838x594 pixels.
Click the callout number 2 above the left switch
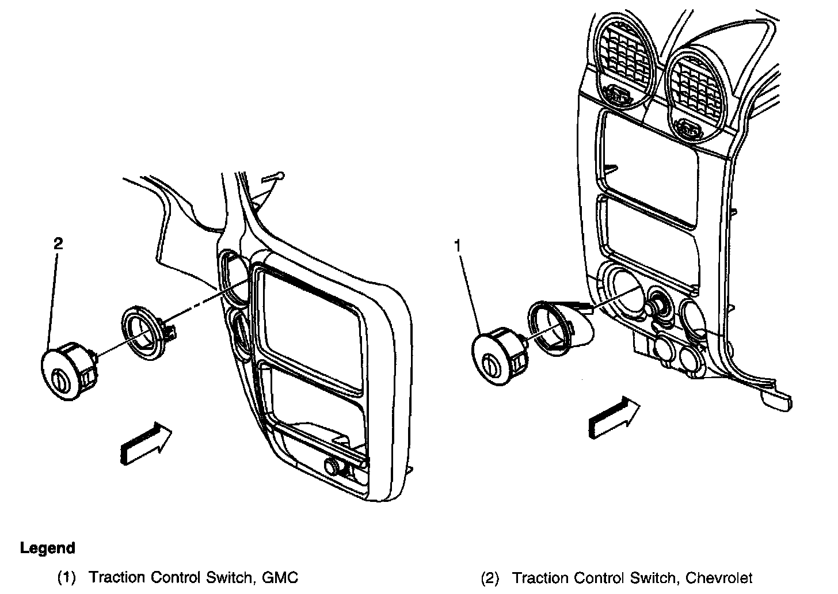click(x=58, y=243)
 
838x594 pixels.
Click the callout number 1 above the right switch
click(x=458, y=246)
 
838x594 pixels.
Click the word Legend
click(x=47, y=548)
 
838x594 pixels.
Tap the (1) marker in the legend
click(x=66, y=577)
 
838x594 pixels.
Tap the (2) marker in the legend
click(x=490, y=577)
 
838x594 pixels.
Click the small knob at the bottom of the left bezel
click(x=333, y=466)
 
